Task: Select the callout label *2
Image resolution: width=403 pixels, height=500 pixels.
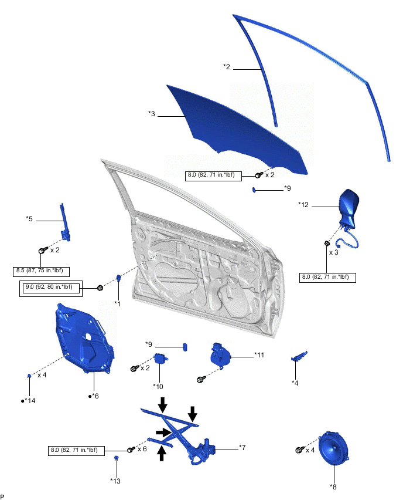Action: pyautogui.click(x=227, y=67)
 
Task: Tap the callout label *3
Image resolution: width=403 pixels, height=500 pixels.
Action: pyautogui.click(x=152, y=114)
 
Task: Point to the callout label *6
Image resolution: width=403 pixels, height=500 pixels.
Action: pyautogui.click(x=94, y=396)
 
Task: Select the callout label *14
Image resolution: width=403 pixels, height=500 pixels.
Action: pyautogui.click(x=28, y=400)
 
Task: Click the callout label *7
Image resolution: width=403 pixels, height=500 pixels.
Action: pyautogui.click(x=241, y=448)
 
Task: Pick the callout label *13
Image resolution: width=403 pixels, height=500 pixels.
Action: pyautogui.click(x=115, y=480)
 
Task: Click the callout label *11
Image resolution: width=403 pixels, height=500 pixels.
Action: pyautogui.click(x=259, y=355)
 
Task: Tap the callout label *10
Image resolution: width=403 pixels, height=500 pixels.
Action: pyautogui.click(x=158, y=386)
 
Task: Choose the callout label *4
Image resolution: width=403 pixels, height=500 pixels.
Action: pyautogui.click(x=296, y=383)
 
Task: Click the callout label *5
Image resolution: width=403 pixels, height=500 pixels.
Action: pyautogui.click(x=29, y=219)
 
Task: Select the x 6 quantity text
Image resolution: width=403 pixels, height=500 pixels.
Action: pyautogui.click(x=142, y=449)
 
